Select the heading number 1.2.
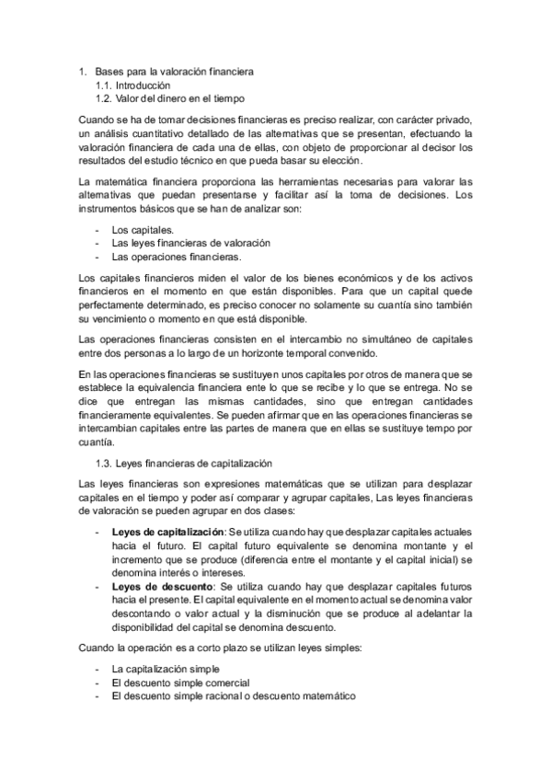103,98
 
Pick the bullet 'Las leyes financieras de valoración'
190,243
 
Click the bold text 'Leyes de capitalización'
167,533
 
